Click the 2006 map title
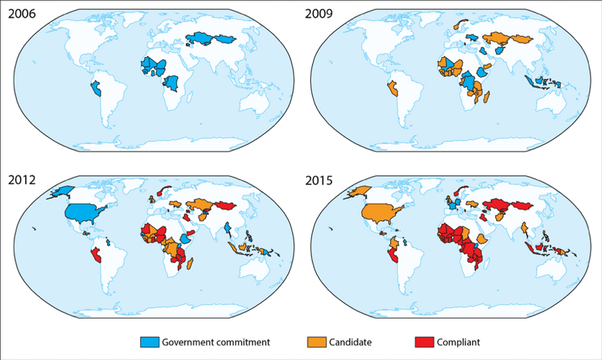click(x=22, y=14)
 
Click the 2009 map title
click(x=319, y=14)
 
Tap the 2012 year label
click(x=22, y=180)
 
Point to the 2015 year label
click(x=319, y=181)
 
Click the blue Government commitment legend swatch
click(x=150, y=342)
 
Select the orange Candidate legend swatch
click(x=317, y=342)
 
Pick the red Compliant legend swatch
click(x=424, y=342)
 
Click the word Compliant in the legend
click(x=458, y=342)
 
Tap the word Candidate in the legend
click(x=350, y=342)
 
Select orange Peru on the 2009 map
click(x=393, y=88)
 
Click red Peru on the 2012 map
click(x=97, y=255)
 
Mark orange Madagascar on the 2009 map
click(x=487, y=97)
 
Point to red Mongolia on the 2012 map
click(x=225, y=206)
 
